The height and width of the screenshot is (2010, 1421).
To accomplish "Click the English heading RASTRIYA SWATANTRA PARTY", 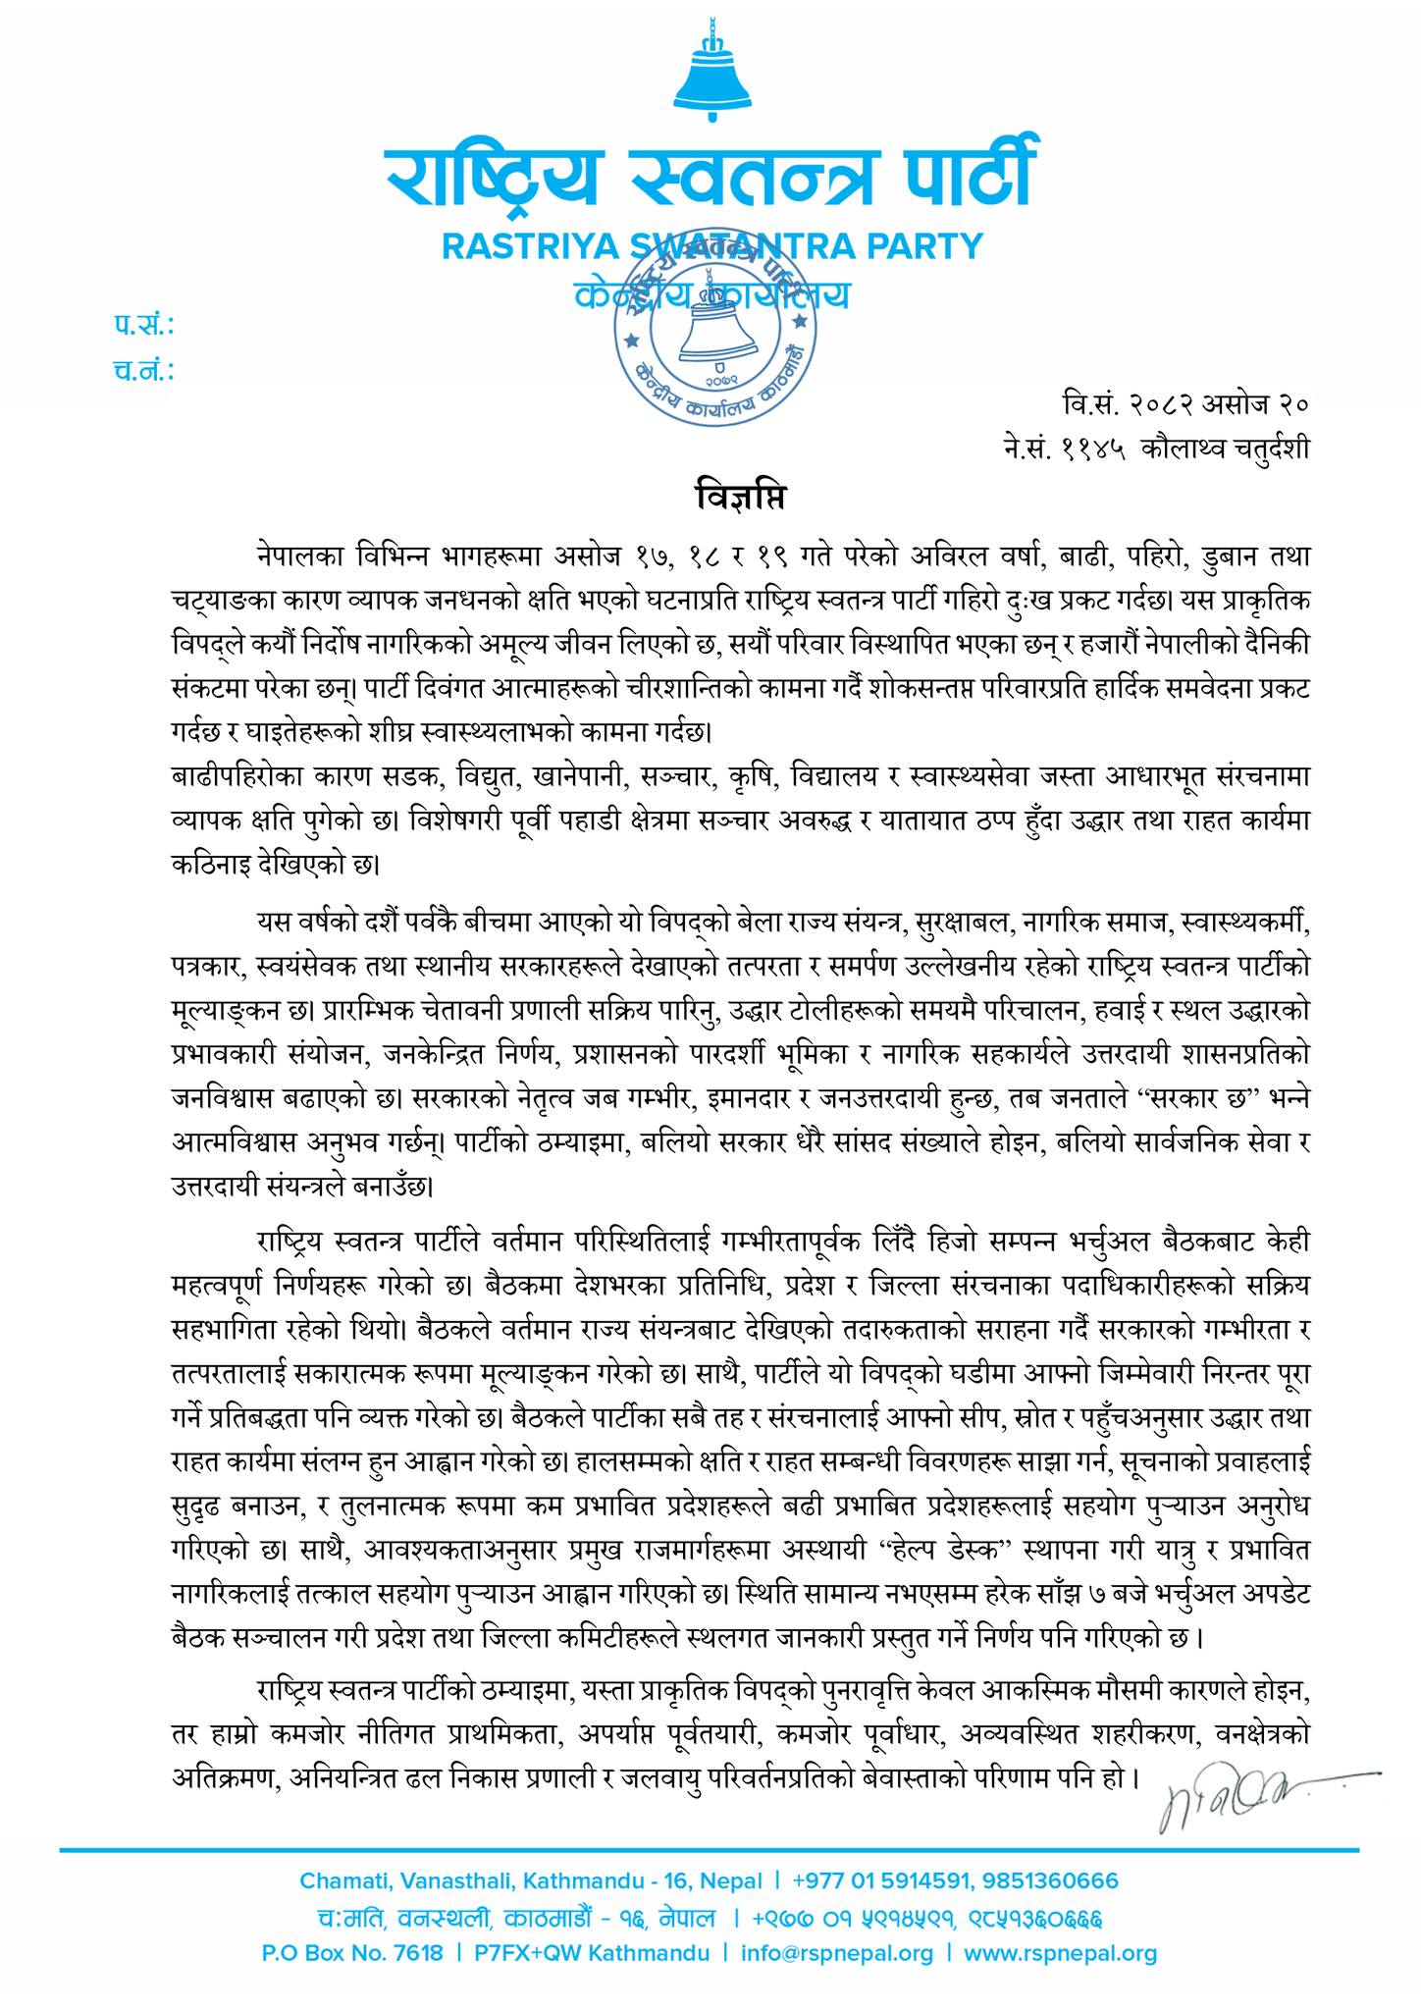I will (x=711, y=244).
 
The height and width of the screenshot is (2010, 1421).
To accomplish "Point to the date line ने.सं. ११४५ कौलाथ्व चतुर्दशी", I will (x=1150, y=448).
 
